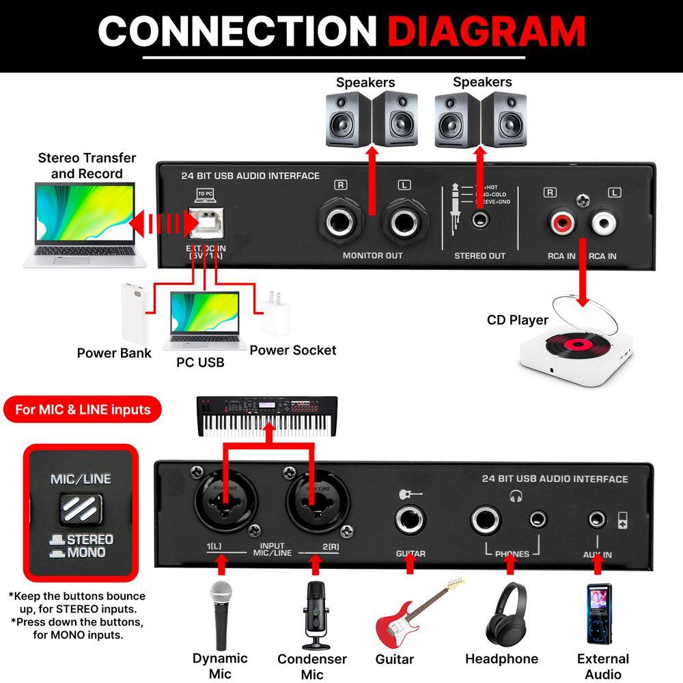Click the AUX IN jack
point(598,520)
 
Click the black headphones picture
point(502,613)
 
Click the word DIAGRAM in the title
point(489,31)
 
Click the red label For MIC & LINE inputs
point(83,410)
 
